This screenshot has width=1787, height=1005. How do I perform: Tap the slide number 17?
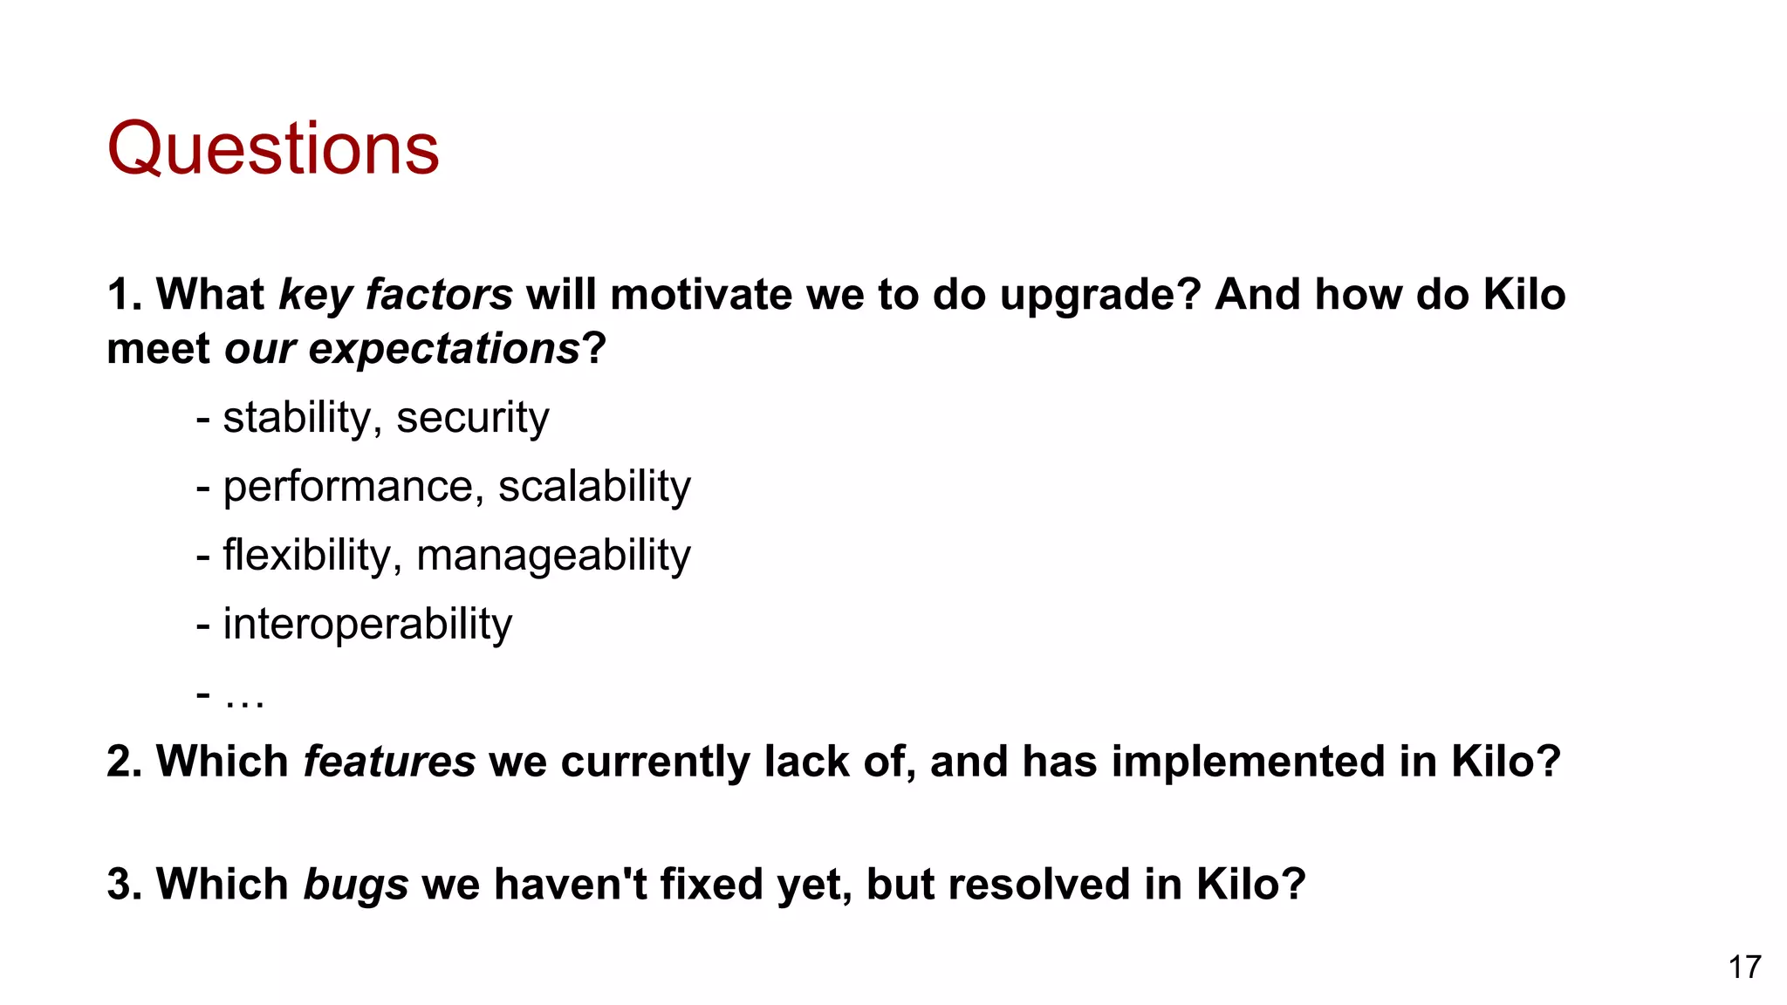click(1744, 967)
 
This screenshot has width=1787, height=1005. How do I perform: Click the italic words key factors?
click(395, 295)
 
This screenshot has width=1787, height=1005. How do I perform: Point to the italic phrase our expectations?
click(402, 349)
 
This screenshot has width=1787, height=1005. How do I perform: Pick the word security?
click(472, 417)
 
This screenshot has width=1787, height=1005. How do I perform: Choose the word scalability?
click(594, 486)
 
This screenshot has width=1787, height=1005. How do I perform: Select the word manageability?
click(553, 555)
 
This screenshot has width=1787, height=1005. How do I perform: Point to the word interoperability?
click(367, 624)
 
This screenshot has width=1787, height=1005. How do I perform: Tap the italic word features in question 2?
click(389, 762)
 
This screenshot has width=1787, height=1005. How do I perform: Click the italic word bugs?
click(356, 884)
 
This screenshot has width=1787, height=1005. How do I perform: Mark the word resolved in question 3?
click(1038, 884)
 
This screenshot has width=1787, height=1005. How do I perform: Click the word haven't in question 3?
click(571, 884)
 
